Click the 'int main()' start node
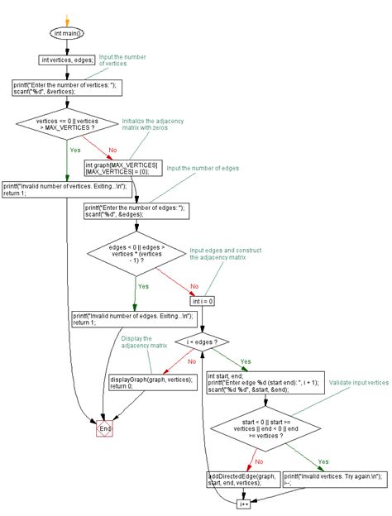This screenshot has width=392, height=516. pos(68,33)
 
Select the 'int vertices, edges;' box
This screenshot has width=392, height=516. pos(68,60)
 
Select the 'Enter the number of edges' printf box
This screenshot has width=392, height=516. pos(137,210)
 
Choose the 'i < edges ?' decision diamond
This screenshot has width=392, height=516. pos(202,341)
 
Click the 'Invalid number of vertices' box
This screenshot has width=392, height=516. pos(66,189)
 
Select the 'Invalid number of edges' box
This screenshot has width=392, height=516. pos(133,319)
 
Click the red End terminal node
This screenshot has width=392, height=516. pos(105,429)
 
